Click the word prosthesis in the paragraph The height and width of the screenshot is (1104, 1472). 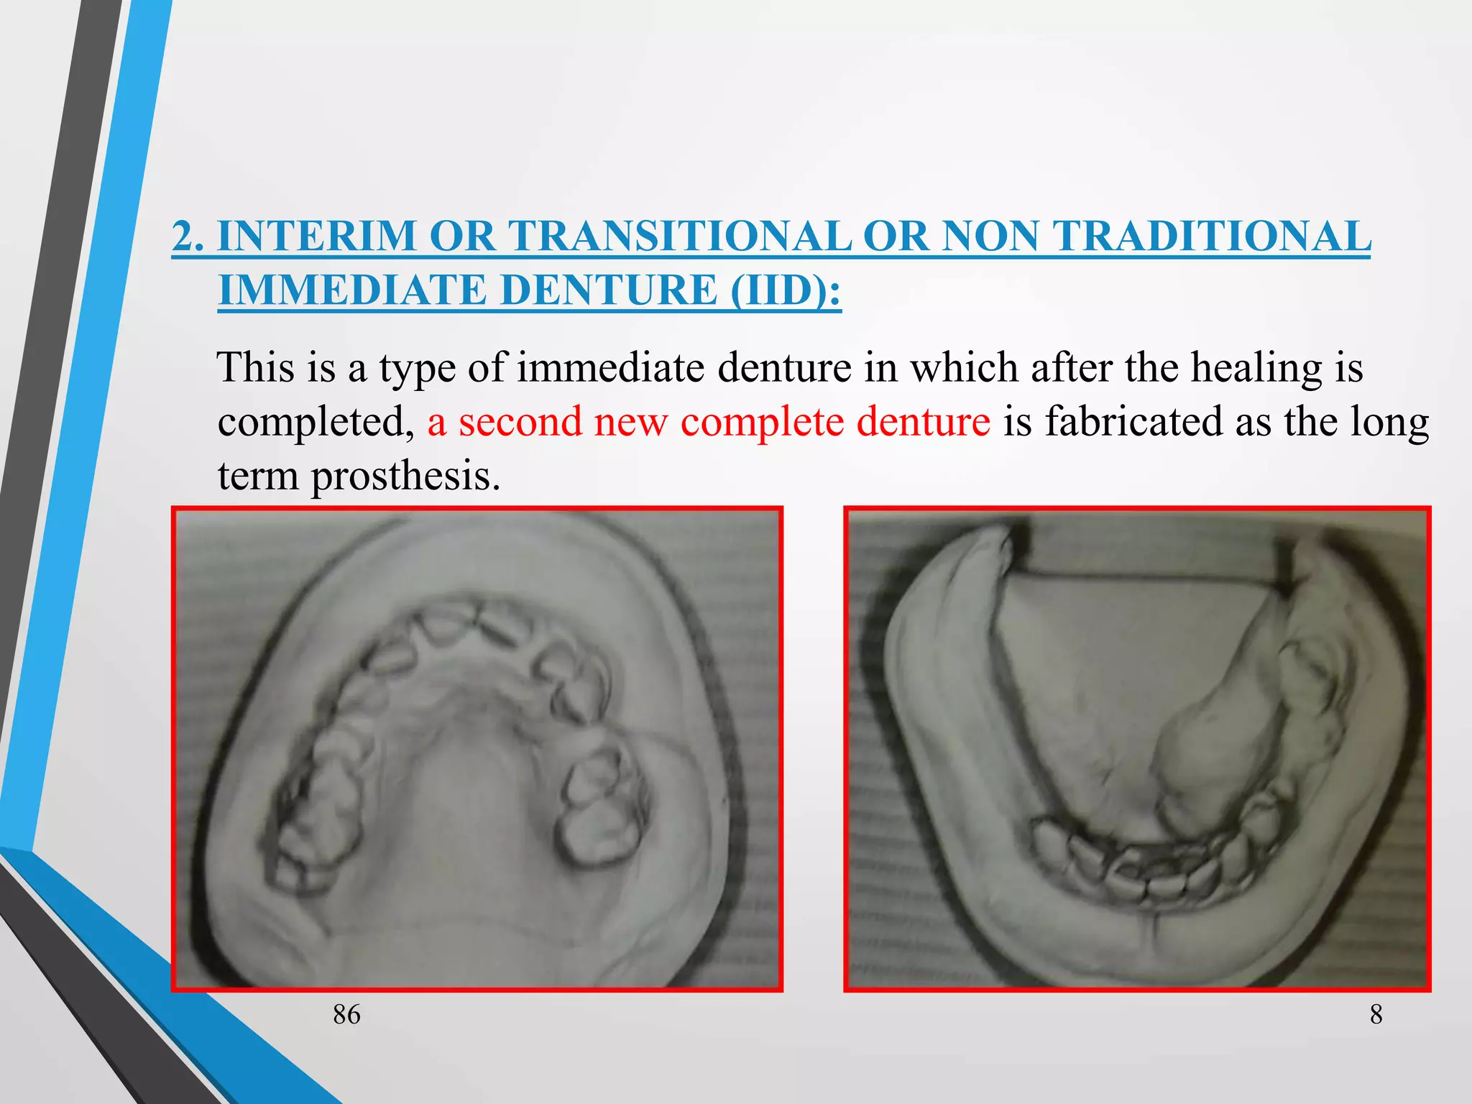coord(405,476)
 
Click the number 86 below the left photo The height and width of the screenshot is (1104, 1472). coord(346,1014)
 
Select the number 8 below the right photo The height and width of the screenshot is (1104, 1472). coord(1376,1014)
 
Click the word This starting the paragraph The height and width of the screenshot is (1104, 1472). coord(255,367)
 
